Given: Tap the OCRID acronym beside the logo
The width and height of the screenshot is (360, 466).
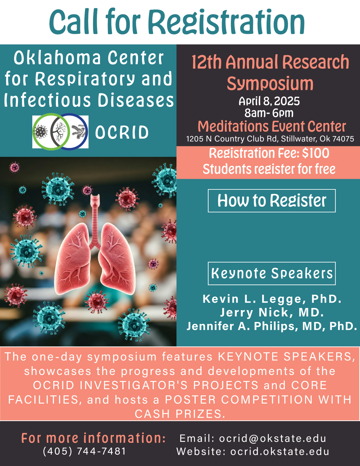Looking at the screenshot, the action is tap(122, 132).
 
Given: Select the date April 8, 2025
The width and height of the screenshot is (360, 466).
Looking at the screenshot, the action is tap(269, 101).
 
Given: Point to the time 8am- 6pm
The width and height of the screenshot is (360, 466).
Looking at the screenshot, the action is tap(269, 113).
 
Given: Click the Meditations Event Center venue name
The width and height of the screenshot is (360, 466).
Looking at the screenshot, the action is tap(272, 126).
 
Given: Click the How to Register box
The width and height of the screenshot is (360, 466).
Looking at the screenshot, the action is tap(272, 201).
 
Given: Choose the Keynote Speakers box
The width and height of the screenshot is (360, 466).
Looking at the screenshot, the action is tap(272, 273).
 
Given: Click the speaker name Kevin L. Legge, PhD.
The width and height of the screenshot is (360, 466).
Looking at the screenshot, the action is tap(272, 299).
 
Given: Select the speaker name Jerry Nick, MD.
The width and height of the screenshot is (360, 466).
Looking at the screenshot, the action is tap(272, 312).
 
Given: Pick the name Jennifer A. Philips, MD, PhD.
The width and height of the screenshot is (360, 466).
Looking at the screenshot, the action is tap(272, 326).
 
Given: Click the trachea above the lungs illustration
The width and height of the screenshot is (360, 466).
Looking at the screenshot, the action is tap(95, 219).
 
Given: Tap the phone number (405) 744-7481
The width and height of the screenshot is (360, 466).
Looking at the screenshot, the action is tap(84, 451).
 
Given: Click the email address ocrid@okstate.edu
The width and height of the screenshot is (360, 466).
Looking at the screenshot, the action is tap(273, 438).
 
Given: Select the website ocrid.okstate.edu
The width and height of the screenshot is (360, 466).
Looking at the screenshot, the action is tap(280, 451).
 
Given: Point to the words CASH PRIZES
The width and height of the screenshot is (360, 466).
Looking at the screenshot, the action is tap(180, 414).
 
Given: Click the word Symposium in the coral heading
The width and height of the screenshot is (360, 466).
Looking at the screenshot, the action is tap(270, 84).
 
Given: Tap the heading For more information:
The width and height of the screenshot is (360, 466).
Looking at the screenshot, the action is tap(93, 438).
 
